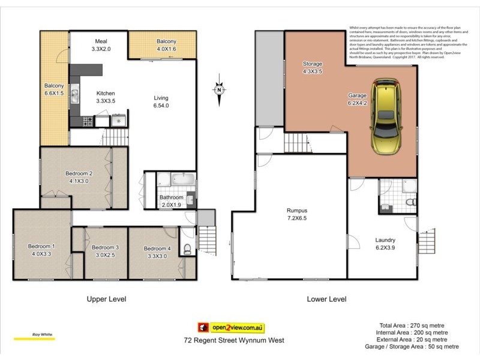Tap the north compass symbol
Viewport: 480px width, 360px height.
point(220,91)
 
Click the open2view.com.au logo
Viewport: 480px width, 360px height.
point(232,328)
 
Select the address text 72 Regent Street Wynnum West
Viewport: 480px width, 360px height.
point(233,340)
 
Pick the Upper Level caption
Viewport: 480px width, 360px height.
point(106,298)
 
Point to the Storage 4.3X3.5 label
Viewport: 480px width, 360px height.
point(312,68)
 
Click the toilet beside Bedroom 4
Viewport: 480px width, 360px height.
point(188,249)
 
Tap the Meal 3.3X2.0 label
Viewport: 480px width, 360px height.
point(100,45)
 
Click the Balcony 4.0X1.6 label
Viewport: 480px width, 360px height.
point(166,45)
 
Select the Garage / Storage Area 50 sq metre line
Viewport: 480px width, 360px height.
point(412,347)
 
